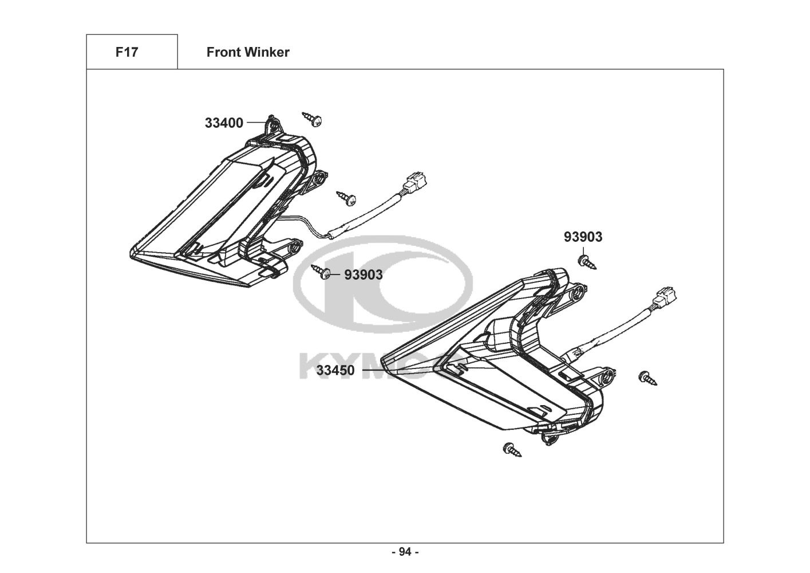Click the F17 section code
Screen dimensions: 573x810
tap(127, 52)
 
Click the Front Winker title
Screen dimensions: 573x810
tap(248, 52)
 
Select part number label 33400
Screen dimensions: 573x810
tap(224, 123)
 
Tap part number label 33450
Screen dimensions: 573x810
tap(335, 370)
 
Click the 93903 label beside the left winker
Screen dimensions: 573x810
tap(363, 274)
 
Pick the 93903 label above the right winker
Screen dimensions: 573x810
tap(583, 237)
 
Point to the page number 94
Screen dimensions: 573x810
tap(405, 552)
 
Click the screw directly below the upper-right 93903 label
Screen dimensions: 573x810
tap(586, 262)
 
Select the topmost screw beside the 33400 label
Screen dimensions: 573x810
tap(313, 119)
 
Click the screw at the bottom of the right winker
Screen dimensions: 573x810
tap(512, 449)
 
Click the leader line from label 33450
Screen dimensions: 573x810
tap(378, 370)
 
